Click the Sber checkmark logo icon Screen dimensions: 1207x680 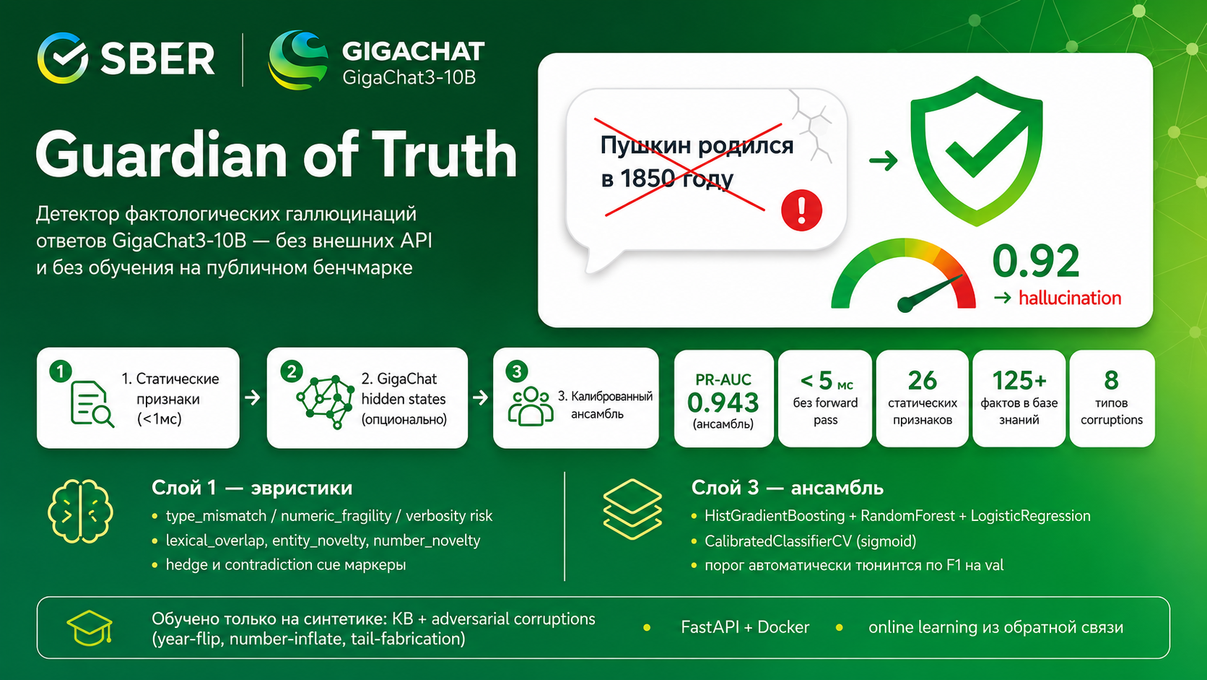coord(63,59)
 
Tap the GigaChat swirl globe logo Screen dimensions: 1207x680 coord(298,60)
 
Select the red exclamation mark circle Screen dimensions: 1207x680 coord(801,210)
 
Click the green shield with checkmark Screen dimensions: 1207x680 coord(976,151)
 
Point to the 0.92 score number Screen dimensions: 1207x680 coord(1036,262)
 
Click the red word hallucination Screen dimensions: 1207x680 coord(1070,298)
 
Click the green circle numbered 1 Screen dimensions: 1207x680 coord(61,371)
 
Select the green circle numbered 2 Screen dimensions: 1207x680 coord(292,371)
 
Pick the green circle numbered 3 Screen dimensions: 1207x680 coord(517,371)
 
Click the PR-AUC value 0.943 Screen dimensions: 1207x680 coord(723,403)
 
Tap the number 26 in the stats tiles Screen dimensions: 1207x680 coord(922,381)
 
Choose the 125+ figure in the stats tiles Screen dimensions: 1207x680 coord(1019,381)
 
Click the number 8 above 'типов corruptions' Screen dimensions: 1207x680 coord(1111,381)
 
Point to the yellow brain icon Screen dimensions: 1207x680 coord(80,511)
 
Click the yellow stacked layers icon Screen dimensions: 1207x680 coord(632,509)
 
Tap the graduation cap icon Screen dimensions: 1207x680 coord(90,628)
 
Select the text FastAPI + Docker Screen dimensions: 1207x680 coord(745,627)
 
